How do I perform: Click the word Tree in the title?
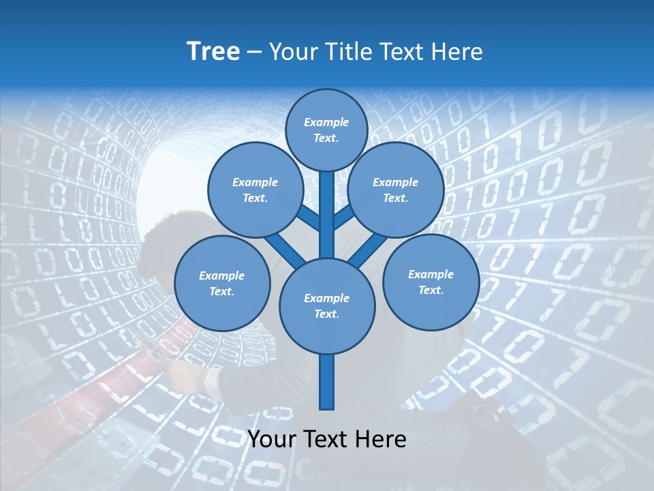[x=213, y=52]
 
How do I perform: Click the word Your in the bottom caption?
[x=272, y=439]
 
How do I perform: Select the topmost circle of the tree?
[x=326, y=130]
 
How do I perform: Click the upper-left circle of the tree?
[x=255, y=190]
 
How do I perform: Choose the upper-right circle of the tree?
[x=396, y=190]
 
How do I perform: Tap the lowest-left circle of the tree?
[x=222, y=283]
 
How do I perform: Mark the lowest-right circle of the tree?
[x=431, y=282]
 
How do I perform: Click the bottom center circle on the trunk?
[x=327, y=306]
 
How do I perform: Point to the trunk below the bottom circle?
[x=327, y=382]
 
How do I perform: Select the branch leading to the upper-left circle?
[x=309, y=218]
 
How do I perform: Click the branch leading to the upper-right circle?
[x=344, y=217]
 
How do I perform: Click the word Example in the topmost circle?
[x=326, y=123]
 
